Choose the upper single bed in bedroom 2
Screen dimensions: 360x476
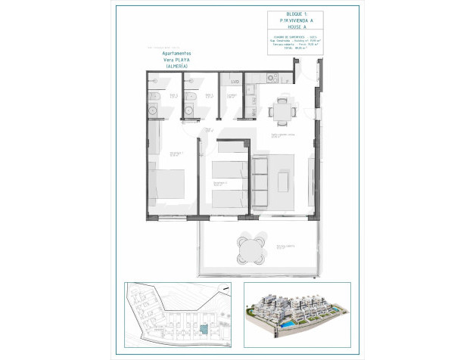[228, 169]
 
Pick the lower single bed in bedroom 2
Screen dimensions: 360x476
[228, 197]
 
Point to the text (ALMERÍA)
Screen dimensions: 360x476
[176, 67]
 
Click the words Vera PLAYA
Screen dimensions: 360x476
[176, 61]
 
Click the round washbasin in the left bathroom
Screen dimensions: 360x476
[154, 110]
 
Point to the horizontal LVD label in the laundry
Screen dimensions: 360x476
[235, 81]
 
